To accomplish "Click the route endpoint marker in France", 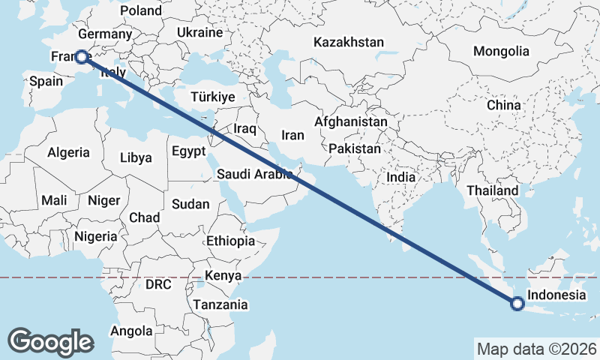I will (x=82, y=57).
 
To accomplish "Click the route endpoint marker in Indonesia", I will (x=517, y=304).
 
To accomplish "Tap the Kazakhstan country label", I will (x=349, y=43).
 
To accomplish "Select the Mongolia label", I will (x=501, y=52).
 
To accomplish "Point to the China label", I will (x=503, y=105).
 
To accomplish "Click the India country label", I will (x=400, y=178).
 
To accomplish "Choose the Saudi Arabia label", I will (x=254, y=175).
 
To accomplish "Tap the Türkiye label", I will (x=213, y=97).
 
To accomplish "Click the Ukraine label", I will (x=200, y=32).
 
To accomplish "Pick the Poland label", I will (x=141, y=10).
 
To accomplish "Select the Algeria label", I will (x=68, y=152).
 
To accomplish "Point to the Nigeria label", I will (x=95, y=236).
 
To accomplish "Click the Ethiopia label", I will (x=230, y=241).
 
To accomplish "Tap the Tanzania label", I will (x=220, y=304).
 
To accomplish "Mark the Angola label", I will (x=131, y=331).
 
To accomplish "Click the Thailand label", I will (x=492, y=190).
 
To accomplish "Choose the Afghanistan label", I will (x=351, y=121).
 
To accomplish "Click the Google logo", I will (x=50, y=341).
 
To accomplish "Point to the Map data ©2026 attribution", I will (x=536, y=349).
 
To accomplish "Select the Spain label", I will (x=45, y=80).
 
